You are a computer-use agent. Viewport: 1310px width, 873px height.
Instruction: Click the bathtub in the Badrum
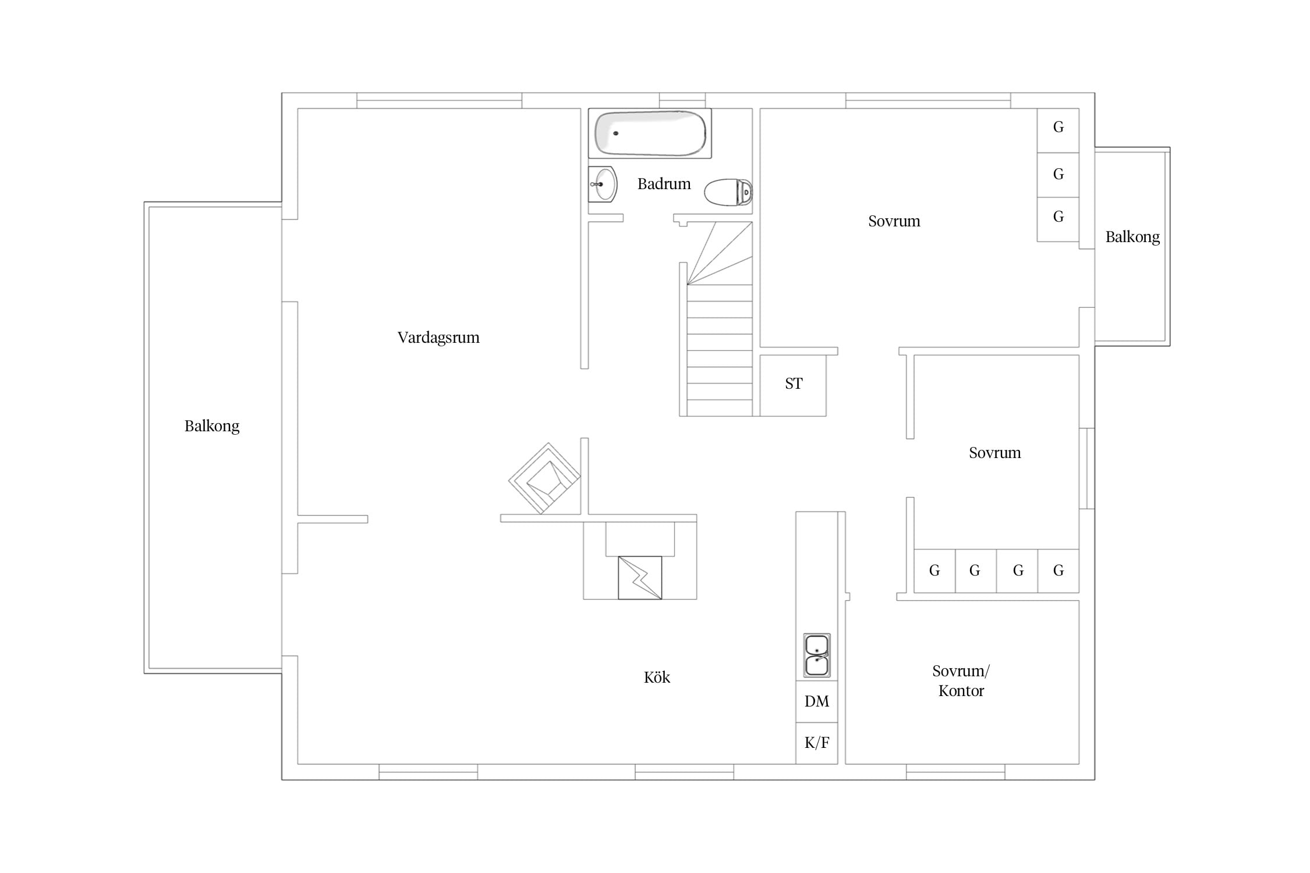click(x=650, y=133)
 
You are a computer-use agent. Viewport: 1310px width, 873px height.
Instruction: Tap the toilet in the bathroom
click(x=728, y=192)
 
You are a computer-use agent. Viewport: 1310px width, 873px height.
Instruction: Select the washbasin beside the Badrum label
click(x=603, y=184)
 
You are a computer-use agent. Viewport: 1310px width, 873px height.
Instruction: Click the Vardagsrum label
click(x=438, y=338)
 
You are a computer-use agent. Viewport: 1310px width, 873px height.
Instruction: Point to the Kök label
click(x=657, y=677)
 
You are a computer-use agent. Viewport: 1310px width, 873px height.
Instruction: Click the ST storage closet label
click(x=794, y=384)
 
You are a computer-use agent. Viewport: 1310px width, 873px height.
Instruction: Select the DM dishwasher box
click(x=817, y=701)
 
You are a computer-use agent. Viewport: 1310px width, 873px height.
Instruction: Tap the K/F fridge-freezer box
click(x=817, y=743)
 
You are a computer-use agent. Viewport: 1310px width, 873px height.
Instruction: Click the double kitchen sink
click(x=817, y=655)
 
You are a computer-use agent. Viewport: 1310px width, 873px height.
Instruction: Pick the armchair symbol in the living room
click(x=544, y=478)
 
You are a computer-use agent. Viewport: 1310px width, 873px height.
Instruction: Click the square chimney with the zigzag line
click(x=640, y=578)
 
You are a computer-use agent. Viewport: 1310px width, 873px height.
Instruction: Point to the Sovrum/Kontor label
click(x=961, y=681)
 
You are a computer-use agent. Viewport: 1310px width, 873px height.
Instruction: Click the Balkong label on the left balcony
click(x=212, y=426)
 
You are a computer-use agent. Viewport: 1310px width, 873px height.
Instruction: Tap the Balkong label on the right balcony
click(x=1132, y=237)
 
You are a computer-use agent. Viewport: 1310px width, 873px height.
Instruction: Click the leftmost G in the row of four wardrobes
click(x=934, y=570)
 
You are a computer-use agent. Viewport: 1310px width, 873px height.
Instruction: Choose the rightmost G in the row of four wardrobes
click(x=1058, y=570)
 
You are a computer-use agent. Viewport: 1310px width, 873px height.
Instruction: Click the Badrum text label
click(x=664, y=184)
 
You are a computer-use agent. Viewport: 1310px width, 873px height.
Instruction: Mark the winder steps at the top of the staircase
click(x=720, y=254)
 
